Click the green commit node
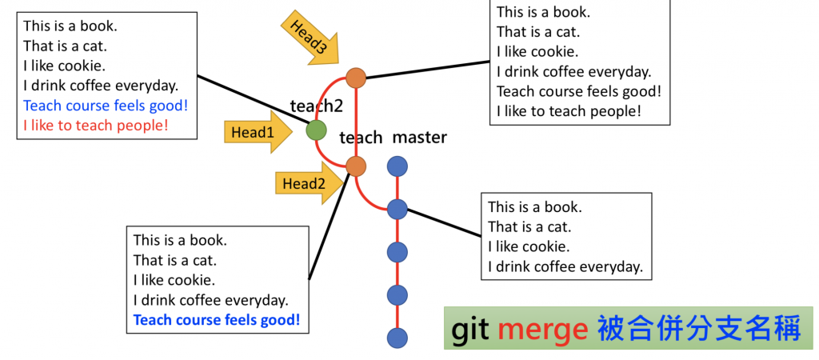tap(317, 130)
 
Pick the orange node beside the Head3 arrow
tap(356, 78)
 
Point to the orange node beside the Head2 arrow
tap(356, 166)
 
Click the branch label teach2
tap(317, 106)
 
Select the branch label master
tap(419, 138)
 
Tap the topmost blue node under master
tap(398, 166)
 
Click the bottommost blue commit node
tap(398, 338)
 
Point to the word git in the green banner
tap(470, 330)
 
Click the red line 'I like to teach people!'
tap(96, 126)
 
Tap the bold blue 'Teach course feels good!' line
tap(217, 320)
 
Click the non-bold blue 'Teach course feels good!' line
tap(106, 105)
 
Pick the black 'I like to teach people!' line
tap(569, 111)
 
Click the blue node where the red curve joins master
tap(398, 210)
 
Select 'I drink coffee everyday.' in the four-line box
tap(565, 266)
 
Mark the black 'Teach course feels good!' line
tap(579, 91)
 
